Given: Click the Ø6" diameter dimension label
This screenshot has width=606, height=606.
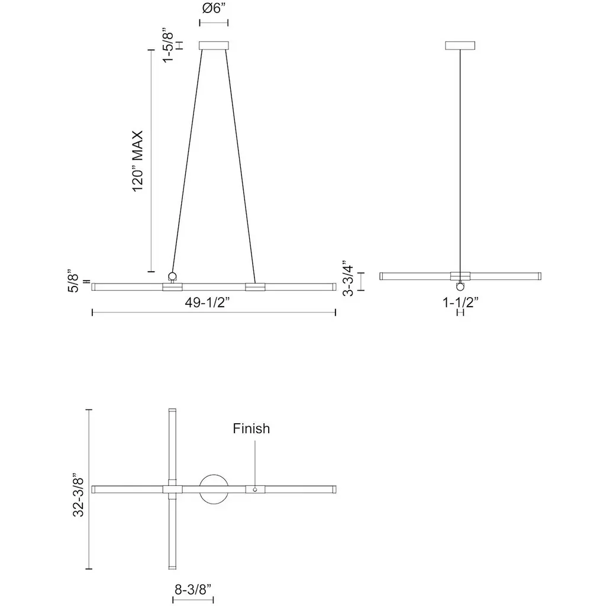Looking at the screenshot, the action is [x=214, y=8].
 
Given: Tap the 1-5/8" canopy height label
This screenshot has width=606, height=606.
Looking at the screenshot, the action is [x=167, y=45].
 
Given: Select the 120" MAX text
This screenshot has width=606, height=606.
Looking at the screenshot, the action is [x=138, y=161].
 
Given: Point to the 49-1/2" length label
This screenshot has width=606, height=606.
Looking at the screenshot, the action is [x=207, y=302].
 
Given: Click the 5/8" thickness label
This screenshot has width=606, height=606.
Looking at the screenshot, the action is [x=73, y=281].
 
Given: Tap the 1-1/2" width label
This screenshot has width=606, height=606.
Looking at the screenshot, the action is [x=460, y=302].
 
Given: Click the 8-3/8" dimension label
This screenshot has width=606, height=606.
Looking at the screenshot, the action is [x=194, y=589].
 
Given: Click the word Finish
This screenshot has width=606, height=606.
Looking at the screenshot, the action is [x=251, y=428].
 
